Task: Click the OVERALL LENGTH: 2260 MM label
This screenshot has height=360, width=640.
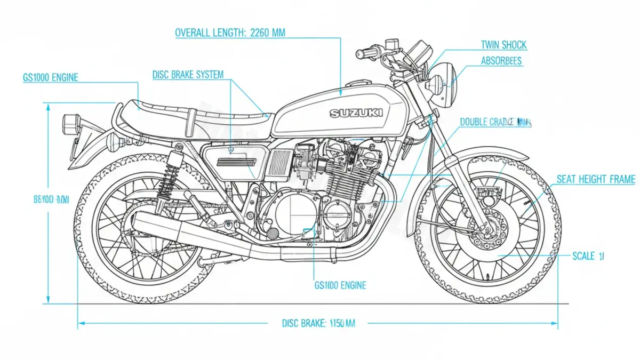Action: (230, 33)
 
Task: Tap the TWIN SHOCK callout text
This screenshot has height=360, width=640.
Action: (503, 45)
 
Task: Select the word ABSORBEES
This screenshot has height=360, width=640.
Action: (501, 61)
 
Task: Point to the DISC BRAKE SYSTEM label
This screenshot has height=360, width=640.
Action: (188, 75)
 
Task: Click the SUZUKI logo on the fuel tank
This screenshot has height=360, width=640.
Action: (356, 113)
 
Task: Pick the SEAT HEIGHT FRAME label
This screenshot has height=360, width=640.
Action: (596, 180)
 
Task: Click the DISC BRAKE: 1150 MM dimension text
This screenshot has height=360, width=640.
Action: (318, 323)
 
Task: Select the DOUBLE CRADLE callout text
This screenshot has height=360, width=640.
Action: (495, 122)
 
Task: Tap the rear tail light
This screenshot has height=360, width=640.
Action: (70, 124)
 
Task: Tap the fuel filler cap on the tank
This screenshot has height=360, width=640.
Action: (356, 83)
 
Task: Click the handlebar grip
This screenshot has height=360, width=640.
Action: (363, 54)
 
